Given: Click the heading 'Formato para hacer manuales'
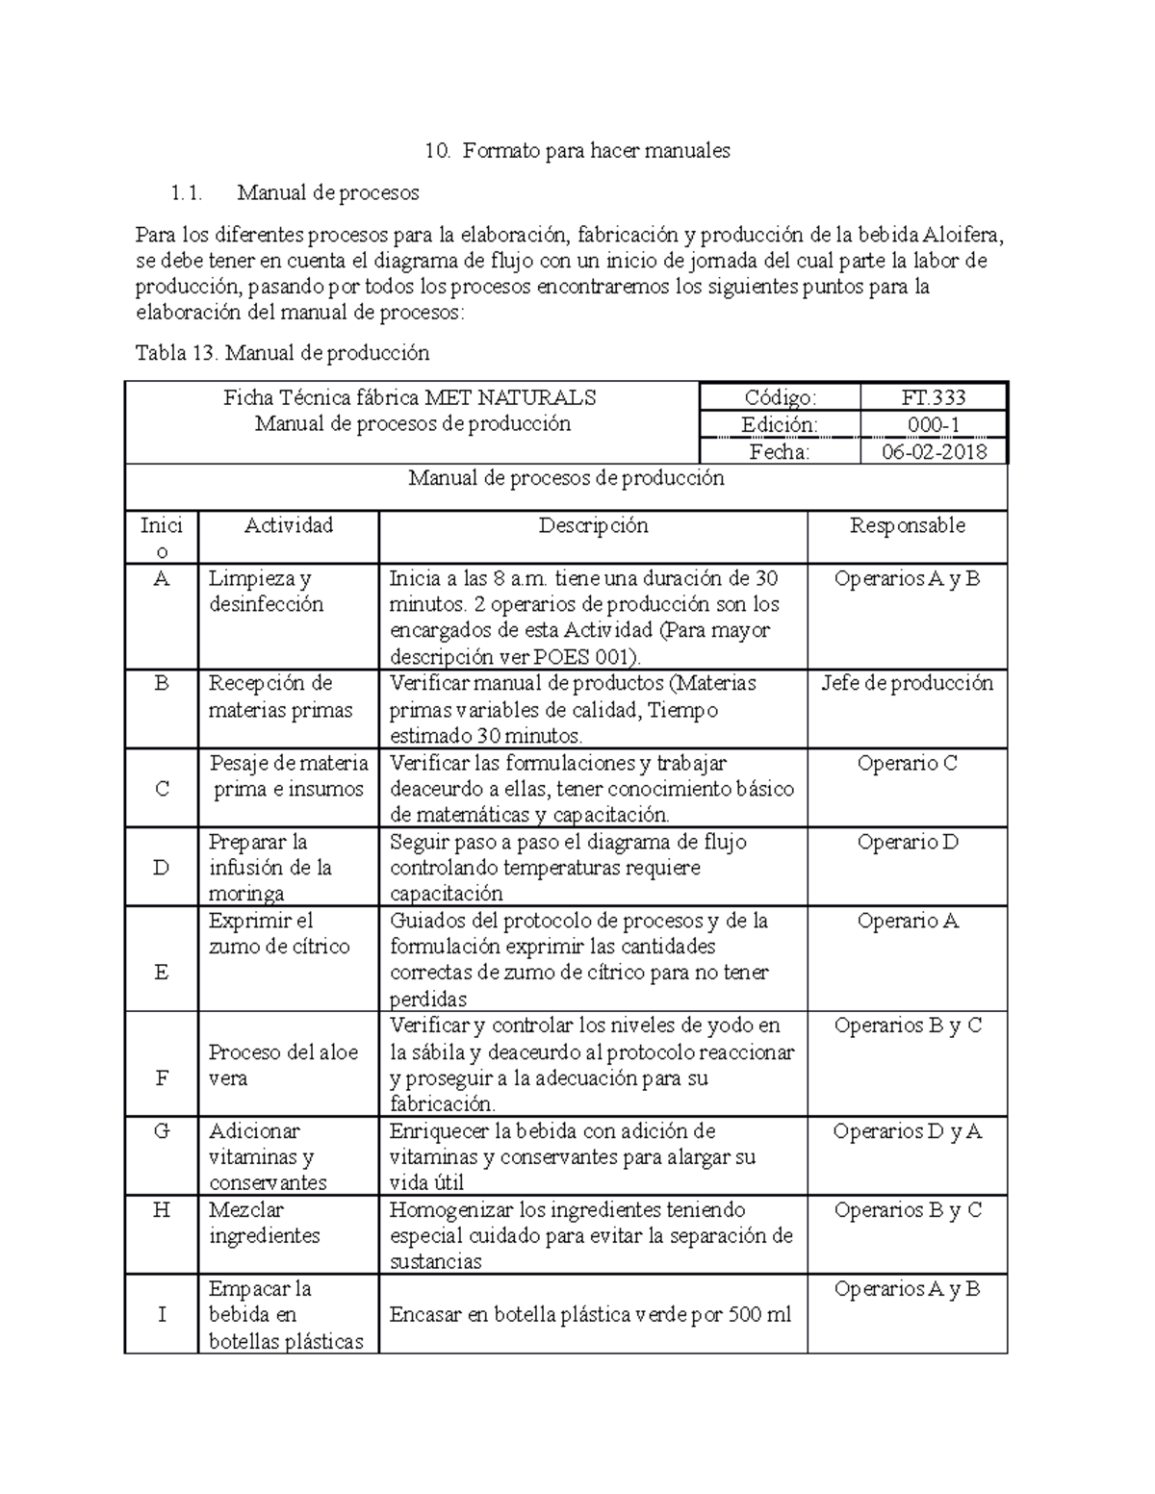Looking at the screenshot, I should (x=595, y=150).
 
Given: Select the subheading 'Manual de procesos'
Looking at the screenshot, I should (x=327, y=192).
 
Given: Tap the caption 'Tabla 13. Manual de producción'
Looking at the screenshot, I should (x=282, y=353).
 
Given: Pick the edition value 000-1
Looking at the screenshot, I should (x=933, y=424).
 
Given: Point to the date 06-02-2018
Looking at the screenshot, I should (x=935, y=451).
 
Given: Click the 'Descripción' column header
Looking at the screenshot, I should (x=593, y=525).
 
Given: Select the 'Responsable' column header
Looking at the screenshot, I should (x=907, y=525).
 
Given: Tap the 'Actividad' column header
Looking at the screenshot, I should (x=289, y=525).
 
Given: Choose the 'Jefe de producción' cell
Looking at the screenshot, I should (x=907, y=684).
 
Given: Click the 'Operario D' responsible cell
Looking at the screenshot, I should (x=907, y=843).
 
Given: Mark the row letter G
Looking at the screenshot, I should (x=162, y=1131).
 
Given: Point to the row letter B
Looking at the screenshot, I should (x=162, y=684).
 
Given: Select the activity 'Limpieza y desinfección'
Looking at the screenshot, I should (x=267, y=592).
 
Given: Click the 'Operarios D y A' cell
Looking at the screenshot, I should (x=907, y=1131).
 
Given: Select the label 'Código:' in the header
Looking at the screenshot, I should (x=780, y=397).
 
